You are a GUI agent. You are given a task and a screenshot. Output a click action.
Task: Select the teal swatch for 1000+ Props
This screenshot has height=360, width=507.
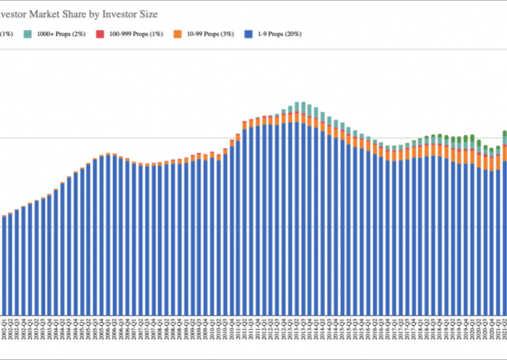point(28,34)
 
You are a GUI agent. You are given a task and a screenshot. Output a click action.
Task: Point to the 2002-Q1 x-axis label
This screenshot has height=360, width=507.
point(4,331)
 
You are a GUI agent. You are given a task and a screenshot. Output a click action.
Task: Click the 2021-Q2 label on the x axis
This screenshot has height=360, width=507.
point(504,331)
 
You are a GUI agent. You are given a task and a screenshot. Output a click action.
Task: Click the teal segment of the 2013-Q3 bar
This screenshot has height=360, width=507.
point(304,107)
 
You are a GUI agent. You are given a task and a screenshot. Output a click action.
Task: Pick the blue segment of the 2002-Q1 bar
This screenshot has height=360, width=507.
point(4,266)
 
